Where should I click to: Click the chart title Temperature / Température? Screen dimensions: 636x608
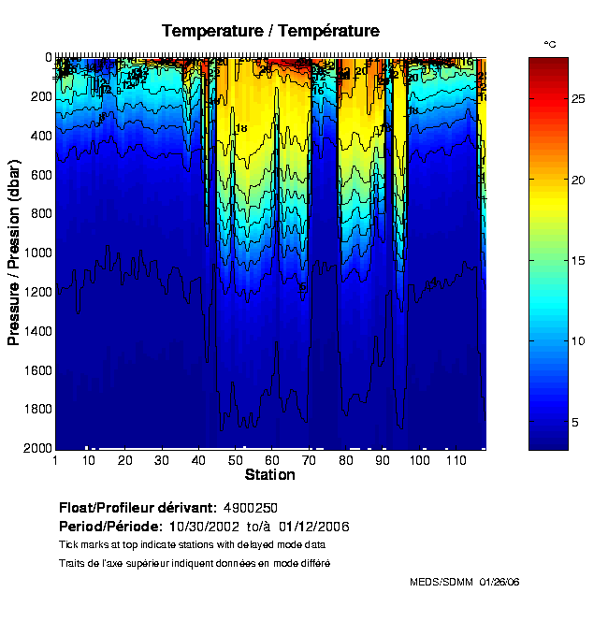point(270,31)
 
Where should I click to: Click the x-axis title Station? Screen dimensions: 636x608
point(270,475)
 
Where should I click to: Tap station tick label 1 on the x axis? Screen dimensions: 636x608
point(56,461)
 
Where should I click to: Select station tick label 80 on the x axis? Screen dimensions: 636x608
point(345,461)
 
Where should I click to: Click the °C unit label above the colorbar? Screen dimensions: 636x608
point(550,44)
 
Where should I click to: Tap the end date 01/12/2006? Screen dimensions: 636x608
point(314,527)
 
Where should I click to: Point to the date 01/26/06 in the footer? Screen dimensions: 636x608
point(499,582)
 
